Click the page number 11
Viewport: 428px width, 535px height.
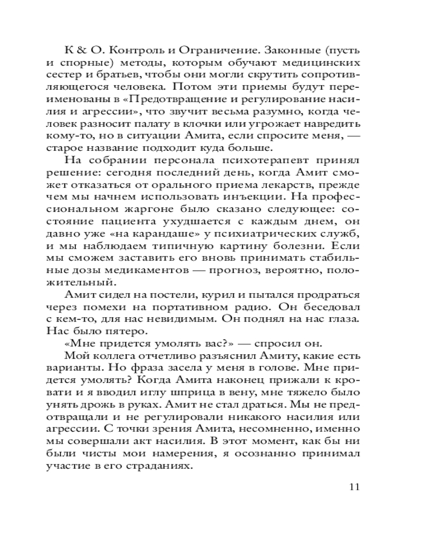point(354,487)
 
